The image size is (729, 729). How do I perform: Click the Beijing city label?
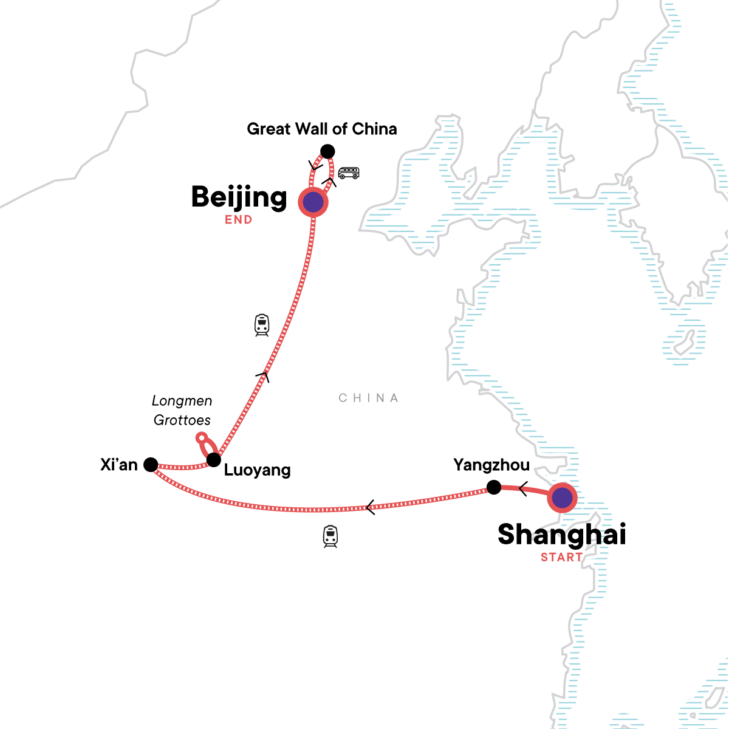click(x=239, y=197)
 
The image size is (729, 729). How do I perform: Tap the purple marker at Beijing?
click(x=313, y=202)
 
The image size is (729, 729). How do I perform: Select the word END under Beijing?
click(x=238, y=220)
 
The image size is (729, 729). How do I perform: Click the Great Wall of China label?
click(x=322, y=129)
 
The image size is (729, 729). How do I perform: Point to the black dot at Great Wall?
click(x=327, y=151)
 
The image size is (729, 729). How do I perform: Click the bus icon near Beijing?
click(x=348, y=173)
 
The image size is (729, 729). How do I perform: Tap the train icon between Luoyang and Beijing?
click(x=262, y=325)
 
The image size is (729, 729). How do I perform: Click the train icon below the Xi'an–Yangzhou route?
click(x=330, y=536)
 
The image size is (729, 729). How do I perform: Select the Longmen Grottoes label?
click(x=182, y=410)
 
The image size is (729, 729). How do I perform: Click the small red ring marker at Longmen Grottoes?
click(x=202, y=437)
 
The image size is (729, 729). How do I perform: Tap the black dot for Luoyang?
click(x=213, y=460)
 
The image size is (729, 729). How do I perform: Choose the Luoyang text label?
click(x=258, y=470)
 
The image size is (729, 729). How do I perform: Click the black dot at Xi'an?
click(x=151, y=465)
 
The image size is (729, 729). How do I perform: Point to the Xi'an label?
click(x=119, y=465)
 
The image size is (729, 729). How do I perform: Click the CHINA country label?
click(x=369, y=398)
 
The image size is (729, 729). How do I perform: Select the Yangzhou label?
click(x=491, y=465)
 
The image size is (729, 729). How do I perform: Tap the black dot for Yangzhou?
click(x=494, y=487)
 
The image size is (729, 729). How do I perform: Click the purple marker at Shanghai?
click(x=563, y=498)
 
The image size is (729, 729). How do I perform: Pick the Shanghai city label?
click(x=561, y=535)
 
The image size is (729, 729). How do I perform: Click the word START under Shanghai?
click(x=561, y=557)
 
